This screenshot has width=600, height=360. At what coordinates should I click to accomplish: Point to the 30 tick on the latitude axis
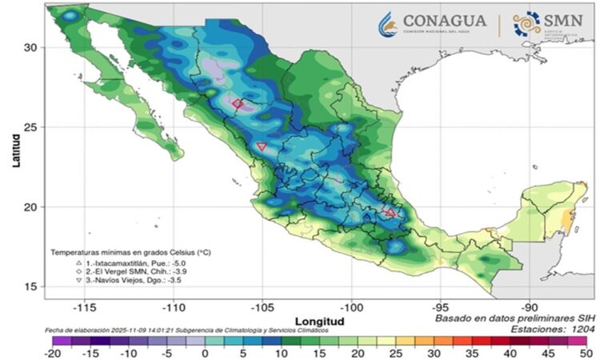click(x=30, y=47)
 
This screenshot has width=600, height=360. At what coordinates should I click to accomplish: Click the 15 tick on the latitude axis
click(x=30, y=286)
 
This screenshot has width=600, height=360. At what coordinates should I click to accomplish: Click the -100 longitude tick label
click(x=351, y=307)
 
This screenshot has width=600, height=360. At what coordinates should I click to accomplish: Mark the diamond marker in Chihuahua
click(x=238, y=104)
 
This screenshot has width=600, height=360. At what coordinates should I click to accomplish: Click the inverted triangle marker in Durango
click(x=262, y=146)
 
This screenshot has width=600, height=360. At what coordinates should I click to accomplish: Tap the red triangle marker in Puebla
click(x=390, y=213)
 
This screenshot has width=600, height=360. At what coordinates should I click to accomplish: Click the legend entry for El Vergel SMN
click(x=126, y=272)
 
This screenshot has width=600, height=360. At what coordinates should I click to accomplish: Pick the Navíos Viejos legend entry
click(x=125, y=282)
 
